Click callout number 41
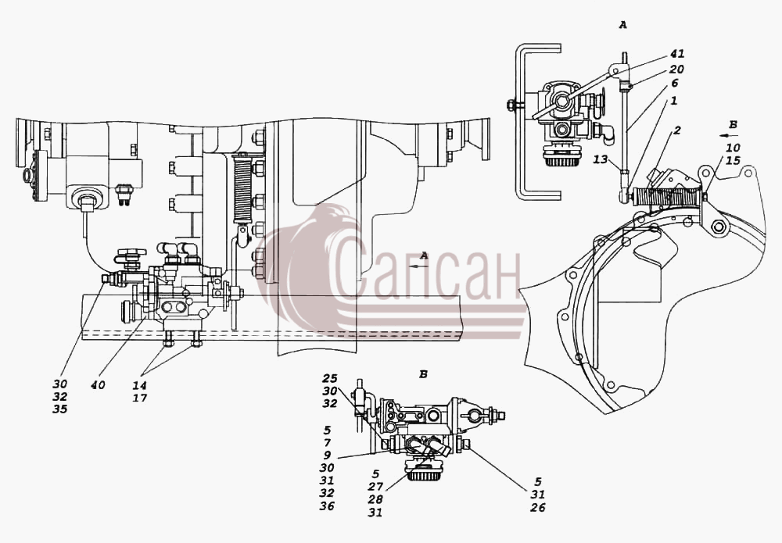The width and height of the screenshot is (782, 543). (x=677, y=53)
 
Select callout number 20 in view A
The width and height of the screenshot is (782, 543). (x=677, y=70)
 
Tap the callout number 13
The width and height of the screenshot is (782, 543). (x=601, y=159)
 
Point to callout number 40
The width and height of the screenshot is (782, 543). (x=99, y=385)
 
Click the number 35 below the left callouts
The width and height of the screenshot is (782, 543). (x=60, y=409)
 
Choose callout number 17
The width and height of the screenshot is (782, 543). (x=140, y=398)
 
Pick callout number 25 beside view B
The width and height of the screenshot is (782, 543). (x=330, y=379)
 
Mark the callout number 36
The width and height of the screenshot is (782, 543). (x=327, y=506)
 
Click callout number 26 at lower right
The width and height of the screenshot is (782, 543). (x=538, y=508)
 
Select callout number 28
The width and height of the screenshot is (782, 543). (x=375, y=500)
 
